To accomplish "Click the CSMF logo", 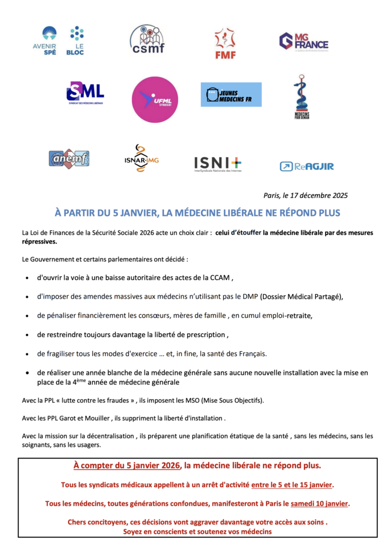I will pyautogui.click(x=147, y=39).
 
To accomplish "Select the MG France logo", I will pyautogui.click(x=303, y=42).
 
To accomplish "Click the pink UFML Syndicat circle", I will pyautogui.click(x=155, y=100).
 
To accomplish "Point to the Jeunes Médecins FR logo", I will pyautogui.click(x=231, y=94).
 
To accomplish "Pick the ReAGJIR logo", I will pyautogui.click(x=307, y=166).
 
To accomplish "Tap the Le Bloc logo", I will pyautogui.click(x=77, y=41).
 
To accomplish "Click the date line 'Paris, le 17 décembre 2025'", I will pyautogui.click(x=305, y=195).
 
